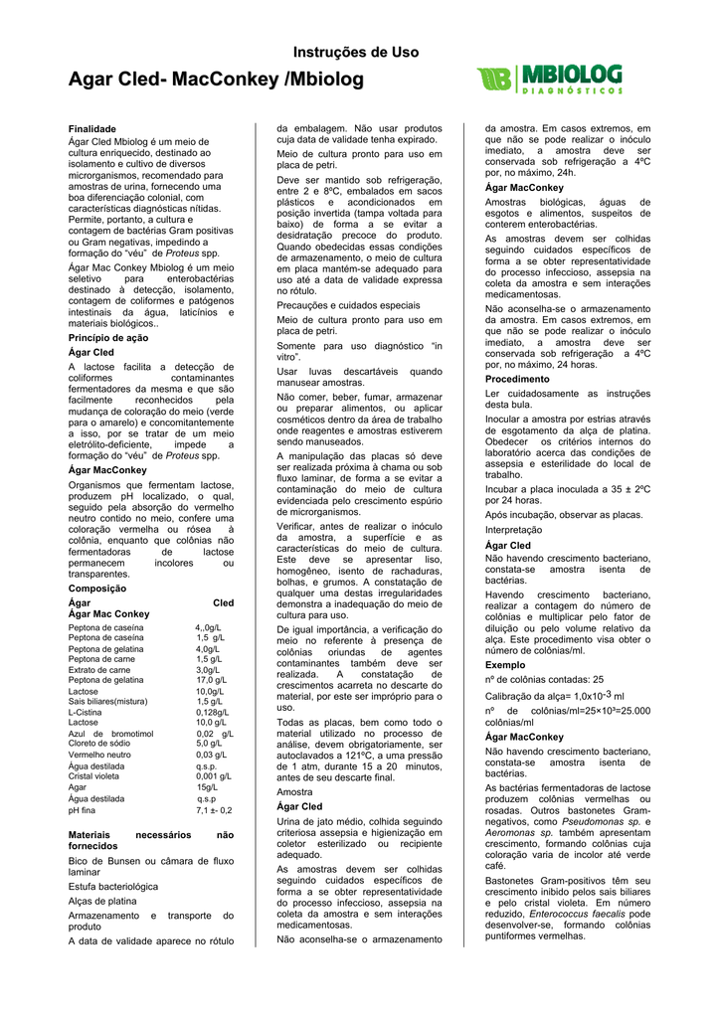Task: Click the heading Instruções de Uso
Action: tap(355, 52)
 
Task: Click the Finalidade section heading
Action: tap(93, 129)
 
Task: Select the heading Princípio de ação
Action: tap(108, 338)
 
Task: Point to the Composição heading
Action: tap(96, 589)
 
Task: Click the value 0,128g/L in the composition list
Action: tap(212, 712)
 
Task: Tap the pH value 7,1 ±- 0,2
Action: tap(214, 810)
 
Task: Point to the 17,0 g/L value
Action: tap(211, 679)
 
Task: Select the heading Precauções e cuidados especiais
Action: tap(348, 305)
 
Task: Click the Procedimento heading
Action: tap(517, 379)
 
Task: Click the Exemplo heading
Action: tap(505, 664)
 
